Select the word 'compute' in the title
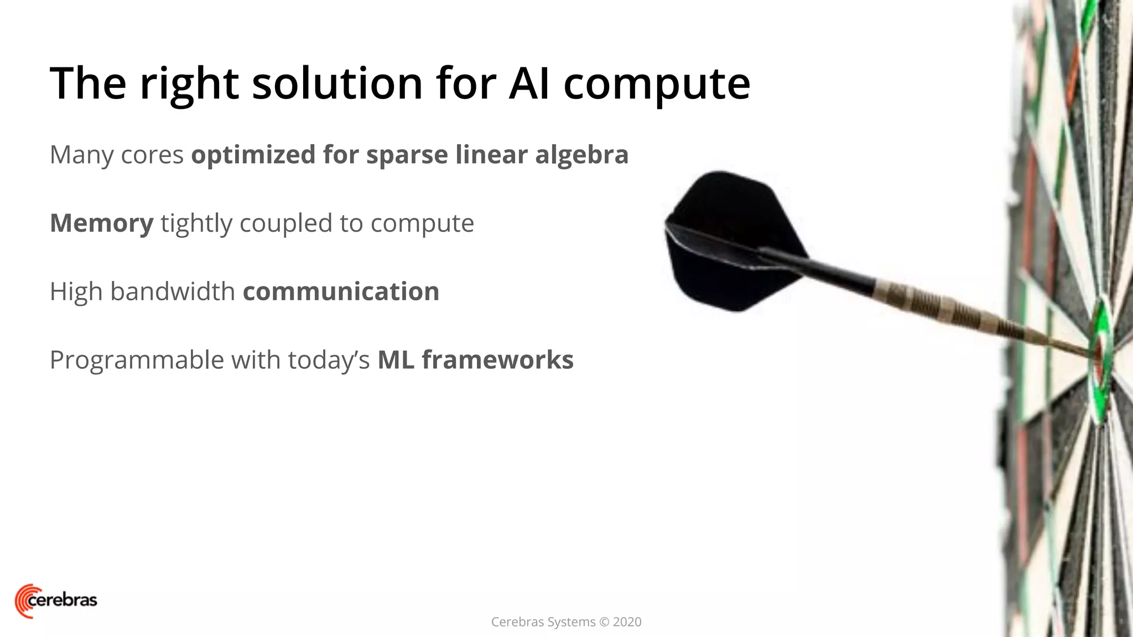pos(657,84)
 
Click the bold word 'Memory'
pos(102,223)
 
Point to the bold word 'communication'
pos(341,291)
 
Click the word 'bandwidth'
pos(173,291)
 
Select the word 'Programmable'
pos(137,361)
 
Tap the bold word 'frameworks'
pos(497,360)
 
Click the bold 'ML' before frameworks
pos(396,360)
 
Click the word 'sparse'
pos(407,155)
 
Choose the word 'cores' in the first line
pos(152,155)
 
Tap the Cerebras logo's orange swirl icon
pos(23,601)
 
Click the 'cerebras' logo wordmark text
pos(62,600)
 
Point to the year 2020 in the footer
pos(627,622)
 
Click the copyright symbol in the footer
pos(604,622)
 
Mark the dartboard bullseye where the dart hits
pos(1098,354)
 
